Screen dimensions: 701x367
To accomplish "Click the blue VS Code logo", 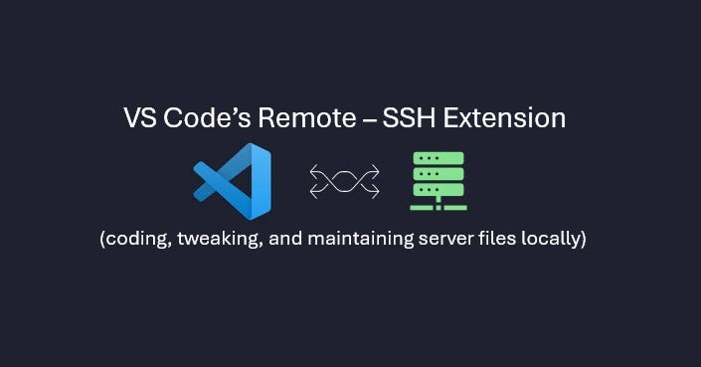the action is (233, 181).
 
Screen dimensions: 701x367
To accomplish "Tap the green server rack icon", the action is (438, 180).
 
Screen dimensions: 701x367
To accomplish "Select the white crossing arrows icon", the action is (344, 181).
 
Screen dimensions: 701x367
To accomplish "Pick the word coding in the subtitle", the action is (136, 242).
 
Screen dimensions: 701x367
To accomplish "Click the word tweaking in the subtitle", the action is (217, 242).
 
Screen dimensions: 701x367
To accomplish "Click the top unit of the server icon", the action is (438, 158).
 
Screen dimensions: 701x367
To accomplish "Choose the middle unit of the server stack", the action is (438, 174).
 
